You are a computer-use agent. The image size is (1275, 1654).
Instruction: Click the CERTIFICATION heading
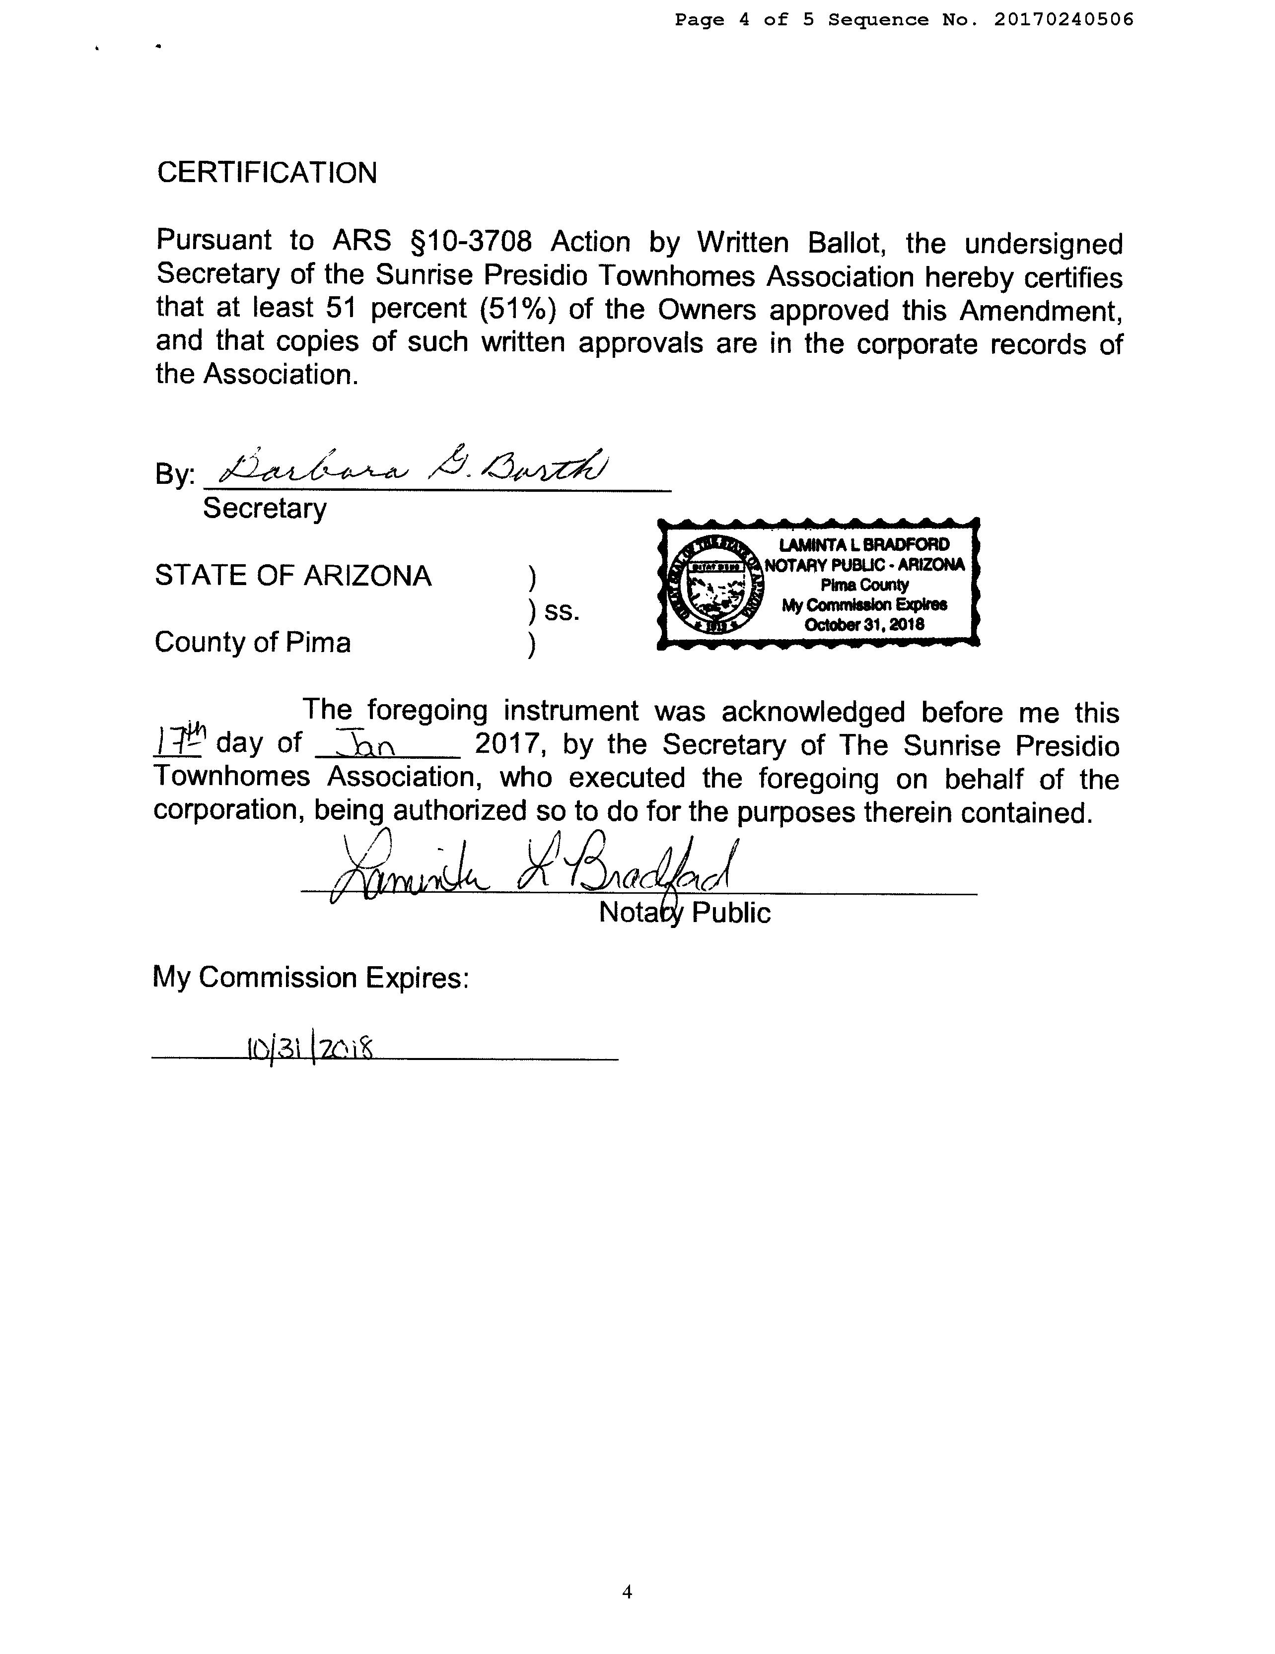tap(267, 173)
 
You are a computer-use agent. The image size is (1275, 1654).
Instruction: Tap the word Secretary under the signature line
tap(265, 508)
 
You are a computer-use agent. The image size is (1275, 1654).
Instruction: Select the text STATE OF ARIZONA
tap(293, 576)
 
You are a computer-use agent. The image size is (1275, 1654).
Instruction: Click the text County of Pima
tap(253, 642)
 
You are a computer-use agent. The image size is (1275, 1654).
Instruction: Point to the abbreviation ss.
tap(562, 611)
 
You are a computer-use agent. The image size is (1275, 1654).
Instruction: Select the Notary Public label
tap(684, 913)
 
